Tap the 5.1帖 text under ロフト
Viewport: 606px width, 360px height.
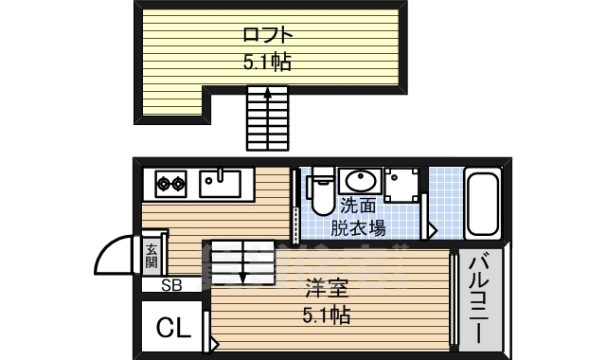coord(266,63)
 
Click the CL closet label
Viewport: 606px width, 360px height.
coord(172,329)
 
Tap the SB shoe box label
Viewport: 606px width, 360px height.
coord(171,284)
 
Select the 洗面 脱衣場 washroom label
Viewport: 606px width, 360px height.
coord(358,216)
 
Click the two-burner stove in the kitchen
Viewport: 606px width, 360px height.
coord(171,182)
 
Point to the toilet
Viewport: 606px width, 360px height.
coord(320,190)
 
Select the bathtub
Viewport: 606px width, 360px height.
coord(483,204)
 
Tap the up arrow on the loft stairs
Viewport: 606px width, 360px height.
coord(268,94)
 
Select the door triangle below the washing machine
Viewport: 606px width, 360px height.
coord(432,229)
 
